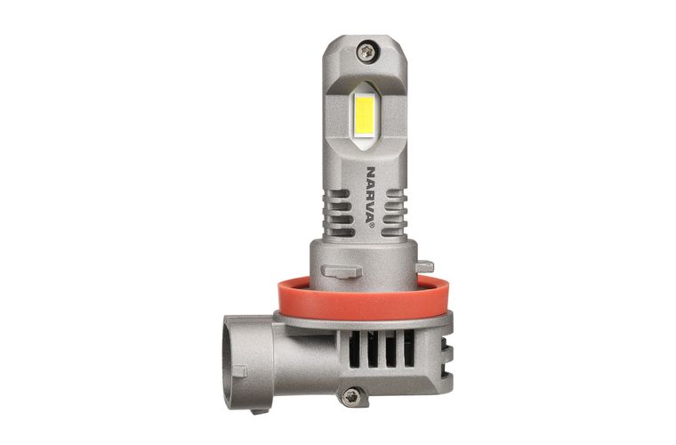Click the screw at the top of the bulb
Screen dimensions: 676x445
(x=366, y=53)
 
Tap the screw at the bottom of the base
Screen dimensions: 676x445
(x=351, y=396)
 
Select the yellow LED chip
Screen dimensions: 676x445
(x=365, y=115)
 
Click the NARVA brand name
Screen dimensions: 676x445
(x=370, y=194)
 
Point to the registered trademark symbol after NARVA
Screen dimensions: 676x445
(x=371, y=224)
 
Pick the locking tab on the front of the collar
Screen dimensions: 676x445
(x=342, y=271)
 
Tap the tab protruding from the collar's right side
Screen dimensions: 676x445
(x=425, y=266)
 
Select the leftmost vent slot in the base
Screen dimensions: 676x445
(x=354, y=349)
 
